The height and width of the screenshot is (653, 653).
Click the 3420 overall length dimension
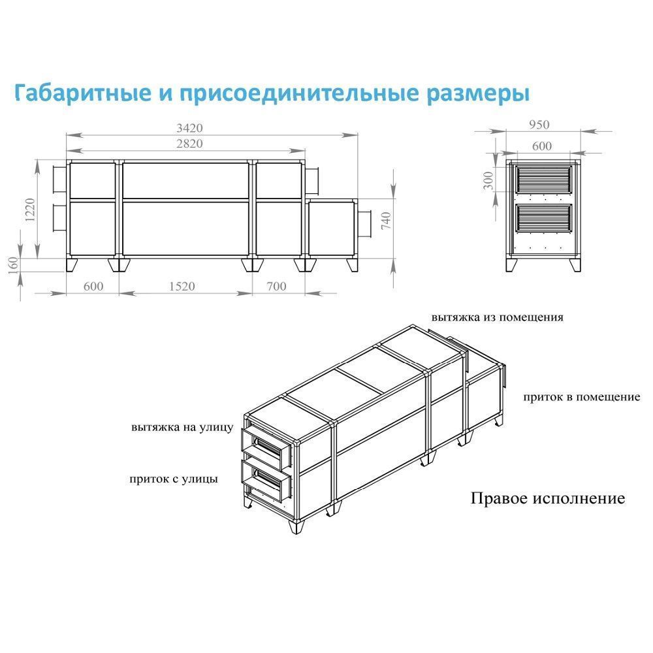pyautogui.click(x=189, y=128)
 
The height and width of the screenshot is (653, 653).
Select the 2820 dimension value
pyautogui.click(x=189, y=144)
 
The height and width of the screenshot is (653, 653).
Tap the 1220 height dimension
pyautogui.click(x=31, y=210)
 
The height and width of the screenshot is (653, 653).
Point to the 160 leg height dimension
pyautogui.click(x=13, y=266)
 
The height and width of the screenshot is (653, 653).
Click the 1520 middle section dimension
pyautogui.click(x=182, y=287)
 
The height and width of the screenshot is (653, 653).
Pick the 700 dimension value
pyautogui.click(x=276, y=287)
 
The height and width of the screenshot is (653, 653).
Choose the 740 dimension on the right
pyautogui.click(x=386, y=221)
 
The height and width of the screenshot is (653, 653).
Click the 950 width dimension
pyautogui.click(x=539, y=125)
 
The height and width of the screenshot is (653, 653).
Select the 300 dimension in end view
pyautogui.click(x=488, y=181)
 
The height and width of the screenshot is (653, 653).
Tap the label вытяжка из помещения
pyautogui.click(x=497, y=317)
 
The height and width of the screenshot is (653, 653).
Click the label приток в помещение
pyautogui.click(x=581, y=397)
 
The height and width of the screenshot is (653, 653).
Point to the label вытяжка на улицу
pyautogui.click(x=182, y=428)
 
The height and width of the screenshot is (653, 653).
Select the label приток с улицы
pyautogui.click(x=173, y=479)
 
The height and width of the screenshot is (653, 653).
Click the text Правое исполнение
pyautogui.click(x=548, y=498)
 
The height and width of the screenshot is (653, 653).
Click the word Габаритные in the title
pyautogui.click(x=83, y=93)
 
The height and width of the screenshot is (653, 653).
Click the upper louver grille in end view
pyautogui.click(x=543, y=180)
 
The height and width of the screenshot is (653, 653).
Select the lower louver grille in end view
pyautogui.click(x=543, y=218)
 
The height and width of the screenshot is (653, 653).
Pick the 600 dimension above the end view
pyautogui.click(x=542, y=146)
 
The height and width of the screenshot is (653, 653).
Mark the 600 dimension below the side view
pyautogui.click(x=93, y=287)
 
